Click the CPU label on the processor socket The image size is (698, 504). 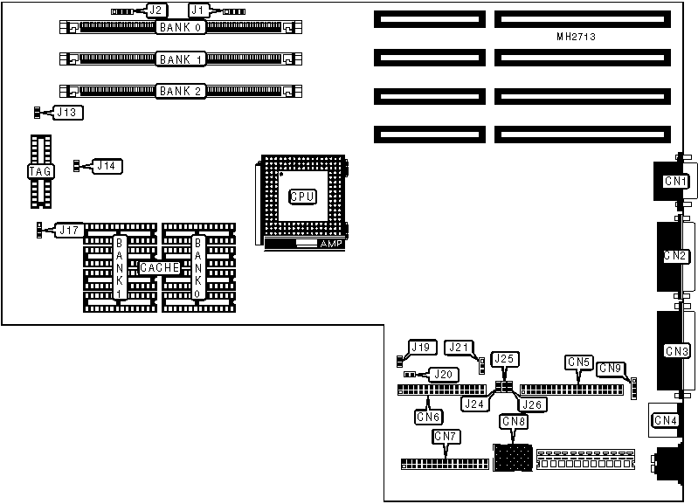tap(302, 197)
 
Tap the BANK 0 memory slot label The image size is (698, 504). tap(181, 28)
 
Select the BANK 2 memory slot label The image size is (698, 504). tap(181, 90)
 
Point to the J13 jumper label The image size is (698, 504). tap(67, 112)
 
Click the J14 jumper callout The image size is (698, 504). tap(107, 165)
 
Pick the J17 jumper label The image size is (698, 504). tap(70, 230)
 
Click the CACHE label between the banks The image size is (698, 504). tap(159, 268)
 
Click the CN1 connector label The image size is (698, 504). tap(674, 182)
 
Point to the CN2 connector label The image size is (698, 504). tap(674, 256)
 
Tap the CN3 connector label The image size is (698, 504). tap(676, 351)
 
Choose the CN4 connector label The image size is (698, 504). tap(666, 421)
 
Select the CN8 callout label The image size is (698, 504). tap(514, 421)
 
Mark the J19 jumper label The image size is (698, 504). tap(422, 348)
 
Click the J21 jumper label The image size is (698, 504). tap(458, 348)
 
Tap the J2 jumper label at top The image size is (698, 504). tap(156, 10)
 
